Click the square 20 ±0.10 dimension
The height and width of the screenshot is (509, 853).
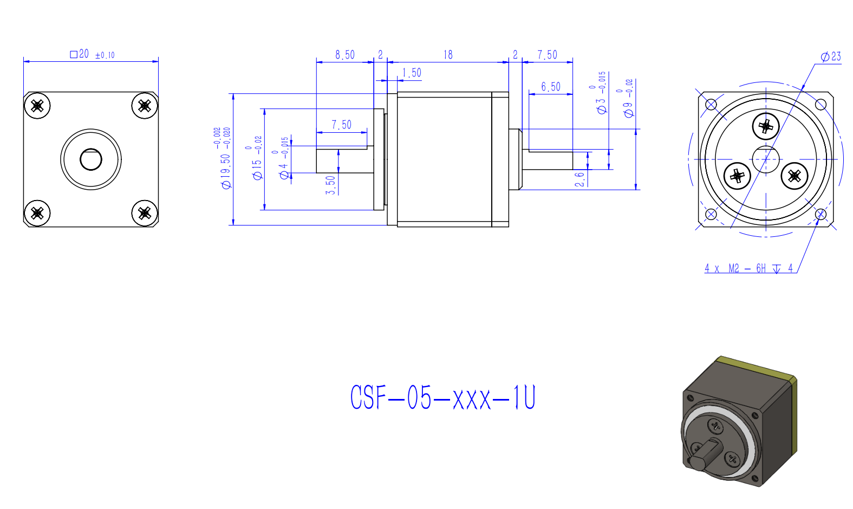pyautogui.click(x=92, y=54)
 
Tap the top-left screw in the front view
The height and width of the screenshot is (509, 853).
pyautogui.click(x=37, y=106)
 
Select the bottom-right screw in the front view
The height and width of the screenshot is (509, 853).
pyautogui.click(x=145, y=213)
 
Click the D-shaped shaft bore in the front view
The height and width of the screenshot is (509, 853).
pyautogui.click(x=91, y=159)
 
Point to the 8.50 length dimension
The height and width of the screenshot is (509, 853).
pyautogui.click(x=344, y=55)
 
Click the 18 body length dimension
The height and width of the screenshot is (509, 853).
pyautogui.click(x=448, y=55)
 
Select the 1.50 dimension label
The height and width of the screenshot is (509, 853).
pyautogui.click(x=412, y=73)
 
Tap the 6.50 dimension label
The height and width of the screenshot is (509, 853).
pyautogui.click(x=551, y=87)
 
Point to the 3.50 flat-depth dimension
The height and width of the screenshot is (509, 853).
pyautogui.click(x=330, y=185)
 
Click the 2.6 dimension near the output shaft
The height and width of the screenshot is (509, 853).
pyautogui.click(x=579, y=179)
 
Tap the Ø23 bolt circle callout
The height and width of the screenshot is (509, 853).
pyautogui.click(x=831, y=56)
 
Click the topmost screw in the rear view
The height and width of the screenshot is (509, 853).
pyautogui.click(x=766, y=127)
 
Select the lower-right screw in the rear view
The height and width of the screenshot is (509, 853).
pyautogui.click(x=795, y=176)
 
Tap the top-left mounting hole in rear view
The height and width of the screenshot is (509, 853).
pyautogui.click(x=712, y=105)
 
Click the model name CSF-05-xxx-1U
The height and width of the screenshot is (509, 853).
pyautogui.click(x=442, y=397)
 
